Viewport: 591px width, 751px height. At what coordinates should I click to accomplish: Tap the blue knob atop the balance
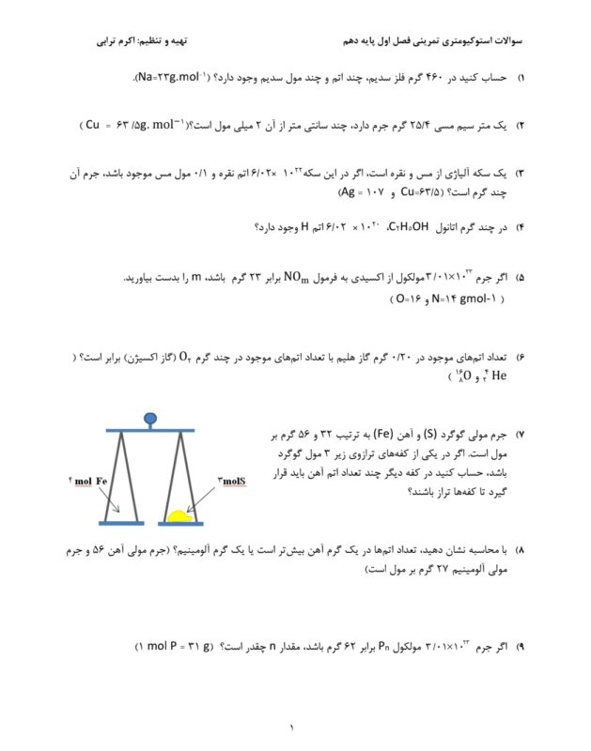149,419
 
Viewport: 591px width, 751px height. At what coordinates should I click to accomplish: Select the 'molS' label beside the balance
233,481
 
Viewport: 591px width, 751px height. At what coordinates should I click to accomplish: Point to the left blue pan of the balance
117,522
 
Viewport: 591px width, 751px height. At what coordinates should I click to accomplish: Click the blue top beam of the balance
149,430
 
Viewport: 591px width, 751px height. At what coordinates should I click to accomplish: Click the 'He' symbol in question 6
493,376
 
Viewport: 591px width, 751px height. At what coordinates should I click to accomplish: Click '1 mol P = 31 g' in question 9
176,648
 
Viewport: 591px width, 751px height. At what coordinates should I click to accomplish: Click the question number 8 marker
521,551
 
